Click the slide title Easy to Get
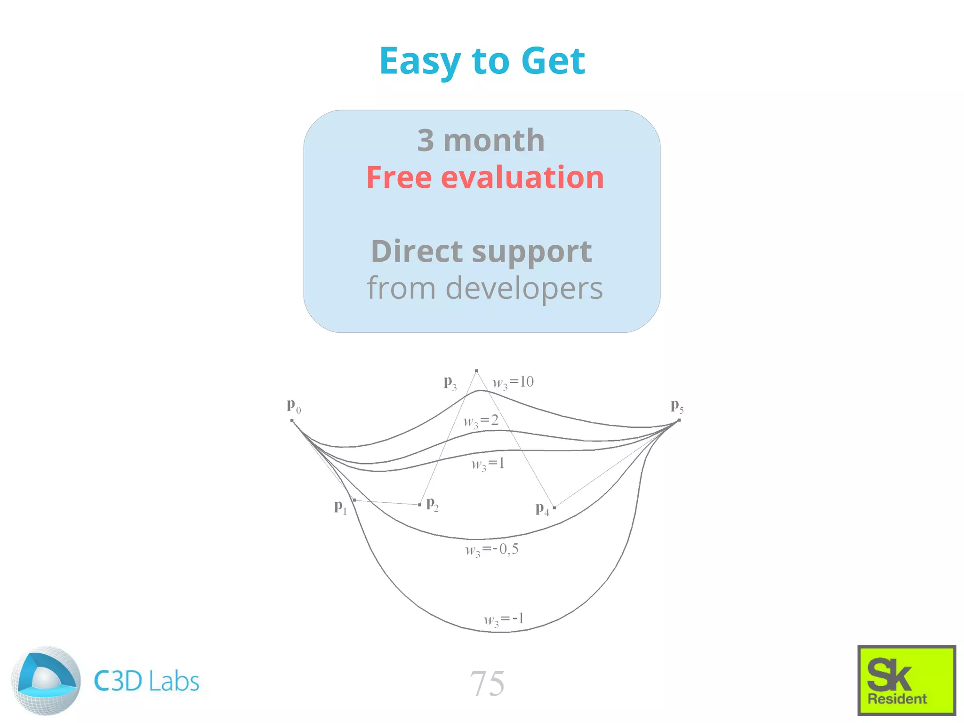coord(482,61)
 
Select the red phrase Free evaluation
coord(485,177)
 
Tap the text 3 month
coord(481,140)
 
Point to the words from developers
coord(484,288)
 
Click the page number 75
coord(487,683)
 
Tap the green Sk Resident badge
coord(906,680)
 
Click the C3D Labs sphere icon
coord(46,681)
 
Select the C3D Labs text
coord(146,681)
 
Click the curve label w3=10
coord(513,383)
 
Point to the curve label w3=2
coord(481,421)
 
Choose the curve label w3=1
coord(488,464)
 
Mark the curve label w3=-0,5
coord(492,550)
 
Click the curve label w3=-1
coord(504,620)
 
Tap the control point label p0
coord(294,406)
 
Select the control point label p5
coord(677,406)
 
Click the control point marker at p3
coord(476,371)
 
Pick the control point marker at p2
coord(419,505)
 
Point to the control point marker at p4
coord(554,507)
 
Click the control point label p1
coord(340,507)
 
